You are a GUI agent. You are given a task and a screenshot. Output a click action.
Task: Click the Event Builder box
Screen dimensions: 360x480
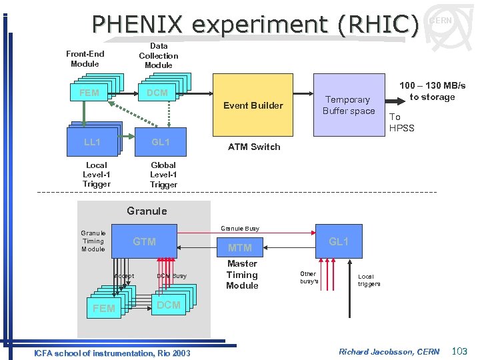(x=253, y=105)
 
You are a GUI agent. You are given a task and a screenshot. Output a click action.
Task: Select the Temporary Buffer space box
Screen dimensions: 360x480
(x=348, y=105)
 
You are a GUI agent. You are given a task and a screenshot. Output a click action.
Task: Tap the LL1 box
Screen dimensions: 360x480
(x=92, y=142)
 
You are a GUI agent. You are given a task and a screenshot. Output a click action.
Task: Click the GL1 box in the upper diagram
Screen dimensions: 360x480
(x=160, y=142)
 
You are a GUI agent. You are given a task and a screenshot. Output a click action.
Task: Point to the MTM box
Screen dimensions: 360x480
(x=240, y=247)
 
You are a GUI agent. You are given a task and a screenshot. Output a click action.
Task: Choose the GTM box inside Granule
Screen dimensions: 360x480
(x=145, y=241)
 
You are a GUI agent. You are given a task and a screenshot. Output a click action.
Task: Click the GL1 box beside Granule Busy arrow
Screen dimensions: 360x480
(x=339, y=241)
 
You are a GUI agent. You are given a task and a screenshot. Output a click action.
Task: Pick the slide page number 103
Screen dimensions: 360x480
(x=460, y=351)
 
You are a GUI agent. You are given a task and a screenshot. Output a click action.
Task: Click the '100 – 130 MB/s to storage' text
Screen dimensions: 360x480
(x=432, y=91)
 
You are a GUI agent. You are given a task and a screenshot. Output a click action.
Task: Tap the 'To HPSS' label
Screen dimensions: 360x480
(x=401, y=122)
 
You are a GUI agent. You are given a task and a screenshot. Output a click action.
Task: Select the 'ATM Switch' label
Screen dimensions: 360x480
(x=254, y=147)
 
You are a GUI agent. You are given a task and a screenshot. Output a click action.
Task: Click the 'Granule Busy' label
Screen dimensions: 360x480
(x=240, y=229)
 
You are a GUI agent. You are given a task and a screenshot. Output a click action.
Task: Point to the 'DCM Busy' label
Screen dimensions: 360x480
(x=171, y=276)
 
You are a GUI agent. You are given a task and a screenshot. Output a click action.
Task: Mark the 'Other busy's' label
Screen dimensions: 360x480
(x=309, y=278)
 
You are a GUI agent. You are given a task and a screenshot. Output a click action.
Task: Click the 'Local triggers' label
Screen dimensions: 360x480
(x=369, y=280)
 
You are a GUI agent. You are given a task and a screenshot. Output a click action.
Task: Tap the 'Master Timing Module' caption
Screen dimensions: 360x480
(x=241, y=275)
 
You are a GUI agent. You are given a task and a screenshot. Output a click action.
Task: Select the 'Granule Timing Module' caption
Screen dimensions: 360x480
(x=93, y=241)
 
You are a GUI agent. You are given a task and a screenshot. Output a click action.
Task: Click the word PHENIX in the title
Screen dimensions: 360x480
(x=139, y=24)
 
